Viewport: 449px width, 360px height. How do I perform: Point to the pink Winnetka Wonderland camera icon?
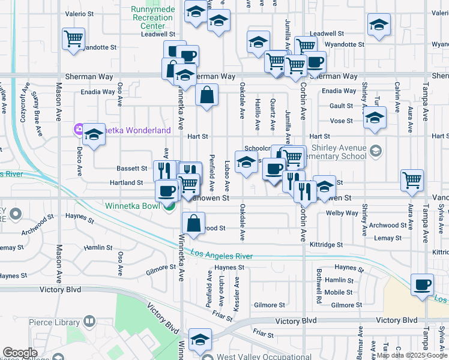click(79, 129)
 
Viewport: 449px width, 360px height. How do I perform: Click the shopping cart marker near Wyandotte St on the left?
click(73, 40)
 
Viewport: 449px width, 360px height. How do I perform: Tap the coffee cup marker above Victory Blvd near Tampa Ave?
click(422, 284)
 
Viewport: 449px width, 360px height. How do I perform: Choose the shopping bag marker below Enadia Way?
click(206, 95)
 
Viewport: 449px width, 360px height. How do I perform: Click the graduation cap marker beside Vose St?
click(375, 118)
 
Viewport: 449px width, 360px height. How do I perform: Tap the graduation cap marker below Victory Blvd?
click(200, 340)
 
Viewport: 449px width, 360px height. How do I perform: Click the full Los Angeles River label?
click(222, 255)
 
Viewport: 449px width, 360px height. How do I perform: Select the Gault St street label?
click(340, 106)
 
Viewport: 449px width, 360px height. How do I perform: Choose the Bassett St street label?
click(132, 169)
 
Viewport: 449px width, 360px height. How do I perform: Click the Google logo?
click(20, 352)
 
